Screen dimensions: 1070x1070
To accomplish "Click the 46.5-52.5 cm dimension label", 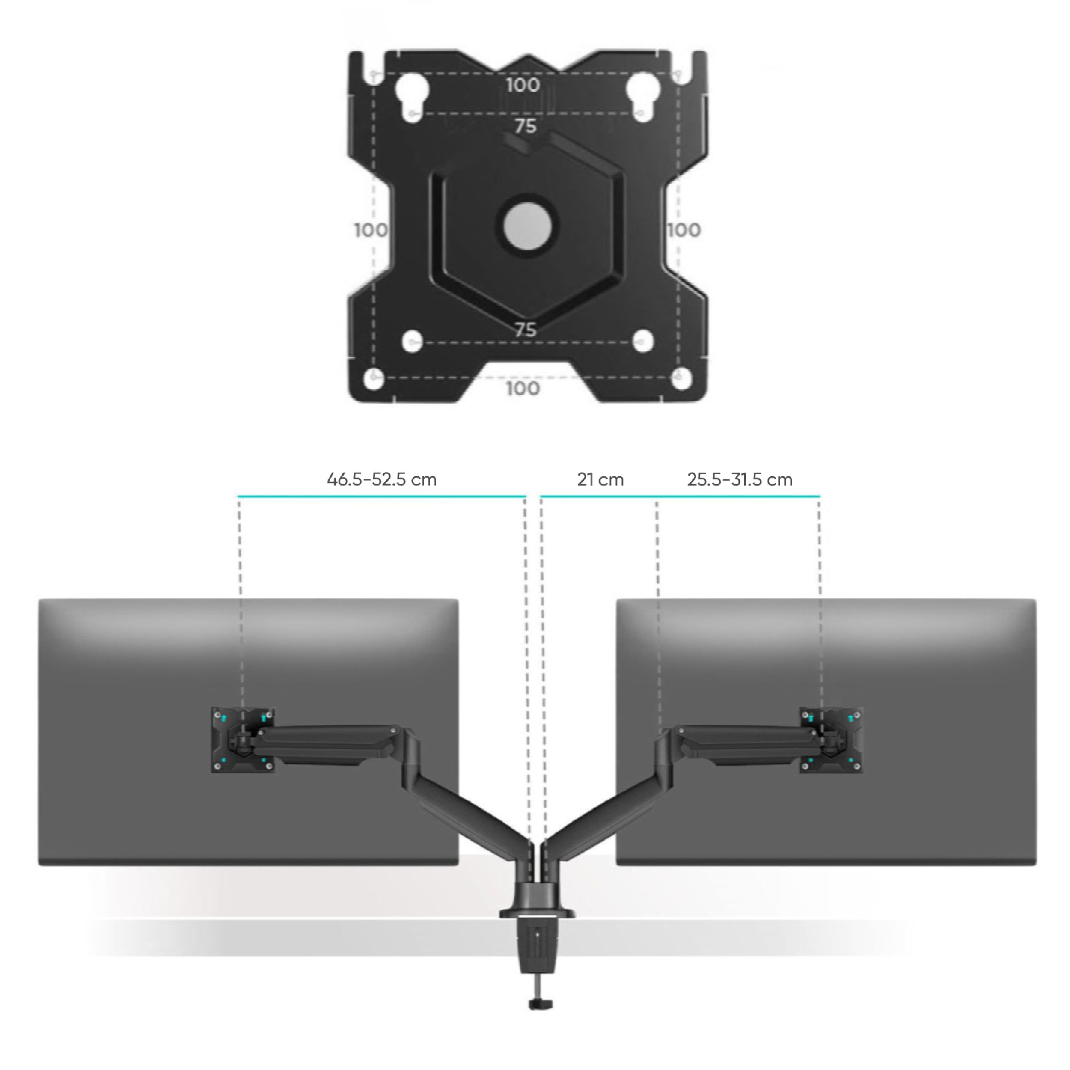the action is point(382,480).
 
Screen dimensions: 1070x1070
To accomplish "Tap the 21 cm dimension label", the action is point(600,480).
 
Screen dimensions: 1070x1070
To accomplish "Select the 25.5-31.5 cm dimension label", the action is point(740,480).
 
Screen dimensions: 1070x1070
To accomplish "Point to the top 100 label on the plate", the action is point(523,85).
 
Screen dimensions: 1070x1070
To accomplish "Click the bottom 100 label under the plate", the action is point(523,388).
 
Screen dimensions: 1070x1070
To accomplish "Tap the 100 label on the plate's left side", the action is point(371,229).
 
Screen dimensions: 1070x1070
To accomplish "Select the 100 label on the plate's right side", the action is point(684,229).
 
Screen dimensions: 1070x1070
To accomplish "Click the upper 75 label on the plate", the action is point(526,126).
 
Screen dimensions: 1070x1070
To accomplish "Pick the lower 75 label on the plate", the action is point(526,330).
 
